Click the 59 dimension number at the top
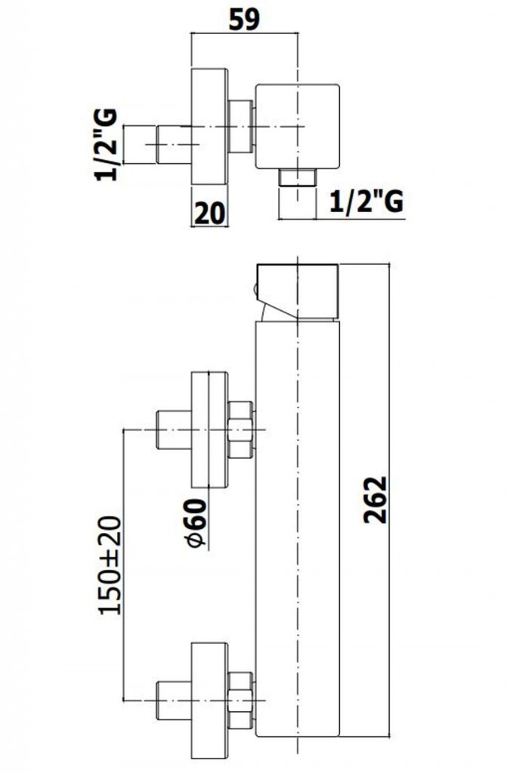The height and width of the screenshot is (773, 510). click(245, 20)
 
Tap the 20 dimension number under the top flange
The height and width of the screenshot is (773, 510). click(209, 213)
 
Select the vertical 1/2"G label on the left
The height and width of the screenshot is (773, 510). click(107, 144)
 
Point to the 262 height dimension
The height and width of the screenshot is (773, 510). click(376, 500)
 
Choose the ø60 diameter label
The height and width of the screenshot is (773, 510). click(196, 523)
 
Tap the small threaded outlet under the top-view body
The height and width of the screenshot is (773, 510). click(298, 177)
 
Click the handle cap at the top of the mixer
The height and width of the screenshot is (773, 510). click(297, 292)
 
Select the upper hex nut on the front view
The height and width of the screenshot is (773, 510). click(241, 430)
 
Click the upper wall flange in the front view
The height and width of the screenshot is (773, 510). click(209, 430)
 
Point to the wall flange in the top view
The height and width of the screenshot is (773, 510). click(209, 127)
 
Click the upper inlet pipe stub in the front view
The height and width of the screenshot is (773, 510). click(174, 430)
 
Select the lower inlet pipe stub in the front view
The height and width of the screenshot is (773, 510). click(174, 700)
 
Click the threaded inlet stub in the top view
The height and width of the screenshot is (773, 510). click(174, 144)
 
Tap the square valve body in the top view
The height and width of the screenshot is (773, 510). click(298, 127)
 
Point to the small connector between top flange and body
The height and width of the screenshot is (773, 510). click(242, 127)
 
